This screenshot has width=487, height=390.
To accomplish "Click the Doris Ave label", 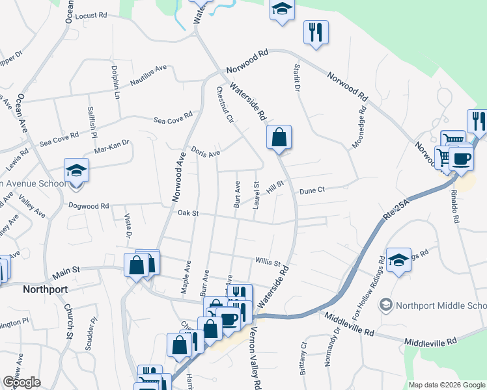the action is click(x=205, y=151).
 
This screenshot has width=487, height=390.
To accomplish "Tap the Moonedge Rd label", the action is click(x=359, y=127).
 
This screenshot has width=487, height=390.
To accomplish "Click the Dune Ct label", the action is click(x=312, y=190).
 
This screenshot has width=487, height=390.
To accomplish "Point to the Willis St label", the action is click(x=268, y=261).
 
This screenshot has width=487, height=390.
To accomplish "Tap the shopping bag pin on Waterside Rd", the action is click(x=279, y=138).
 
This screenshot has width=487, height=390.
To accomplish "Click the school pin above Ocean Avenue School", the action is click(x=76, y=171).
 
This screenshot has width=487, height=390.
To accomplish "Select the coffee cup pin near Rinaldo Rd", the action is click(x=461, y=159).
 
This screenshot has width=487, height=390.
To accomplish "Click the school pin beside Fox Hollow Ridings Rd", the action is click(x=398, y=261).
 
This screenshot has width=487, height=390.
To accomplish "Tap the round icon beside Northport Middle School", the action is click(x=386, y=305).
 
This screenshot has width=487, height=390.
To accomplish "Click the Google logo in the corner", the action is click(x=21, y=382).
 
